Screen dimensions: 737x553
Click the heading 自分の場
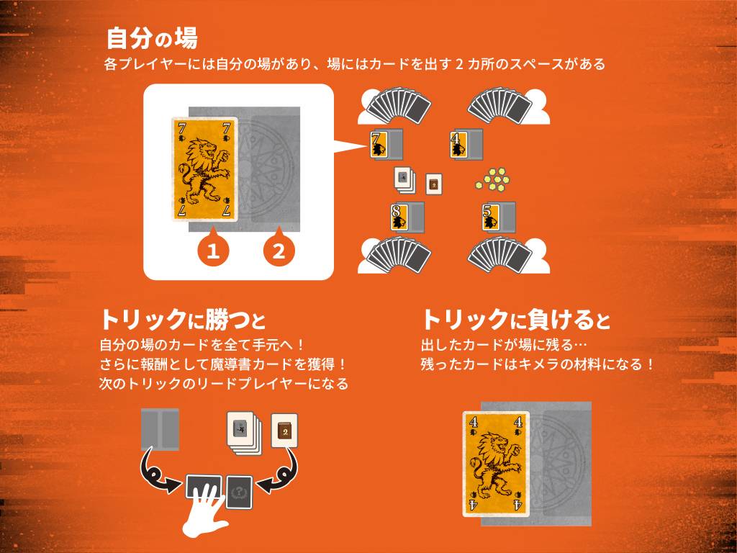coord(152,38)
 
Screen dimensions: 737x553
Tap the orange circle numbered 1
coord(213,250)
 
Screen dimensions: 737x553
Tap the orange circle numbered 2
coord(279,250)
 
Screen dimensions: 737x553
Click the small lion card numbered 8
coord(399,217)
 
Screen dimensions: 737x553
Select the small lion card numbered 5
coord(489,217)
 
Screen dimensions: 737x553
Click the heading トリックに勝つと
coord(183,320)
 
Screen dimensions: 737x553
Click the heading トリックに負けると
coord(515,320)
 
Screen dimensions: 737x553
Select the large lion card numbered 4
coord(496,464)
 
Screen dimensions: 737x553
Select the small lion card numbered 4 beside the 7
coord(458,143)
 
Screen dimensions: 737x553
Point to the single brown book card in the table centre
coord(433,184)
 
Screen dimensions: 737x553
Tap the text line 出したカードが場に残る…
coord(504,345)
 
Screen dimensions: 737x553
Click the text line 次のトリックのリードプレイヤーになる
coord(224,384)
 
